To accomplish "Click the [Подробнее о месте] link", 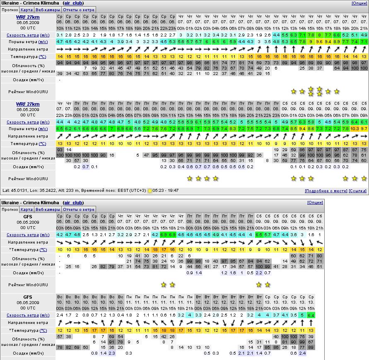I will pos(326,191).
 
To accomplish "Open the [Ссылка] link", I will pos(358,191).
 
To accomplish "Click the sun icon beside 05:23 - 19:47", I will pos(150,191).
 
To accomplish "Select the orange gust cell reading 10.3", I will pos(355,129).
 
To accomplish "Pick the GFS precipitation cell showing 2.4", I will pos(302,353).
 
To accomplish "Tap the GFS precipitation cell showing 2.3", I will pos(112,353).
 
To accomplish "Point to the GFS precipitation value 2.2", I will pos(259,273).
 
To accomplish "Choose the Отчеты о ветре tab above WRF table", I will pos(79,10).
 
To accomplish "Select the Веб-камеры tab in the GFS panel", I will pos(47,210).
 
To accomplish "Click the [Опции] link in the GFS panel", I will pos(315,203).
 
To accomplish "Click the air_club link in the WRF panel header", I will pos(73,3).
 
